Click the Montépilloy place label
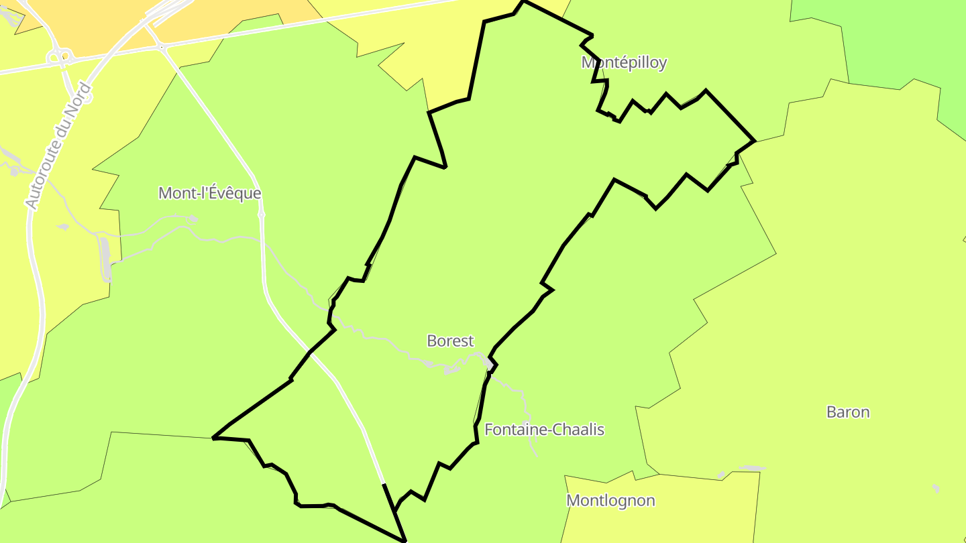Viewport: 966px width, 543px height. pyautogui.click(x=624, y=63)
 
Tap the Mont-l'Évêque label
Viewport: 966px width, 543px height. pyautogui.click(x=209, y=193)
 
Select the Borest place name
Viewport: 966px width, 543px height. pyautogui.click(x=450, y=341)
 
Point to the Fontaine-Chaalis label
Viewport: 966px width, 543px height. pyautogui.click(x=544, y=430)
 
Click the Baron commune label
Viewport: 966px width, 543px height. pyautogui.click(x=848, y=412)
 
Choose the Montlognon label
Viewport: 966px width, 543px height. pyautogui.click(x=610, y=501)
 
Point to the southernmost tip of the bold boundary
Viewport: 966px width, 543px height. pyautogui.click(x=405, y=540)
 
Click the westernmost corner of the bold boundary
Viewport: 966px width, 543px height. pyautogui.click(x=213, y=438)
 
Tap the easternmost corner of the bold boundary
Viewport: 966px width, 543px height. pyautogui.click(x=755, y=141)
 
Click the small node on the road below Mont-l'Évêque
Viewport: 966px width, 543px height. pyautogui.click(x=261, y=215)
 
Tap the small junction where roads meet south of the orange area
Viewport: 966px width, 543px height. pyautogui.click(x=161, y=47)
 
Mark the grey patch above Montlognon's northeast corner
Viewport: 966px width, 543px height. pyautogui.click(x=752, y=468)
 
